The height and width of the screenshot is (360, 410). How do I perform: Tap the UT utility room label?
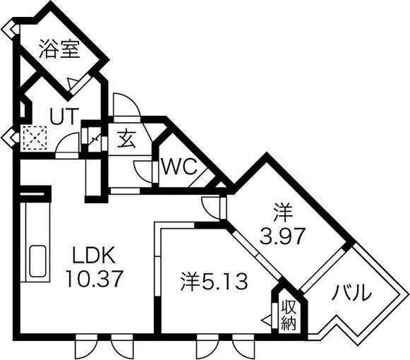pos(64,116)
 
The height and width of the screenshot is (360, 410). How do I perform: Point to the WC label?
pos(179,167)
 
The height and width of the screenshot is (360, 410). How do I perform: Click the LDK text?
pos(94,256)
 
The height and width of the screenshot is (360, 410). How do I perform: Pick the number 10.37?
pos(95,279)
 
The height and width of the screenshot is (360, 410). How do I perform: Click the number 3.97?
pos(282,236)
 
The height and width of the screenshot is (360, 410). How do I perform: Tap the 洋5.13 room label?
pos(214,282)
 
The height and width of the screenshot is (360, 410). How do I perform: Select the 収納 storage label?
pos(289,316)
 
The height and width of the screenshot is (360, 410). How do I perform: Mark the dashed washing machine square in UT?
pos(34,138)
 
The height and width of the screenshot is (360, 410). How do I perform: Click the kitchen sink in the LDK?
pos(37,261)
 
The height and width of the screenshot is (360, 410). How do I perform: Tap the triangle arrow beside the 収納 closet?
pos(267,320)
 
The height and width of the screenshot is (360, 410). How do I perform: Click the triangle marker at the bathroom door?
pos(71,83)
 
